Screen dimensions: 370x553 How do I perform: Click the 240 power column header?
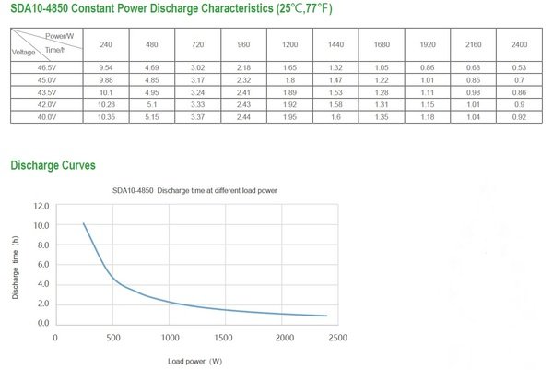point(106,44)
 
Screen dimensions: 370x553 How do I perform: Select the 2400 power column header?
point(518,44)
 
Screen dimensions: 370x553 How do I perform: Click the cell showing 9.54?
point(106,68)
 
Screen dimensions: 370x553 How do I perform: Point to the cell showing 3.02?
point(197,68)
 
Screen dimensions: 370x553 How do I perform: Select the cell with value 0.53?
point(518,68)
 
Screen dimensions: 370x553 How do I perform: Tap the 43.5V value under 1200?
point(288,93)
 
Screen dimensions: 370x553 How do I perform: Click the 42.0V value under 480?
point(152,106)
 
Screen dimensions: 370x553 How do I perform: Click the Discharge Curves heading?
point(53,165)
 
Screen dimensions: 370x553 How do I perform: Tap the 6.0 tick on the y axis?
point(41,265)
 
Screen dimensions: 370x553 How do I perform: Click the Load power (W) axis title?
point(194,360)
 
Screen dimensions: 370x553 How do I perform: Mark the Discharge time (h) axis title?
point(16,266)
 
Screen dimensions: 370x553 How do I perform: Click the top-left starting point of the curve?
point(84,223)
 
